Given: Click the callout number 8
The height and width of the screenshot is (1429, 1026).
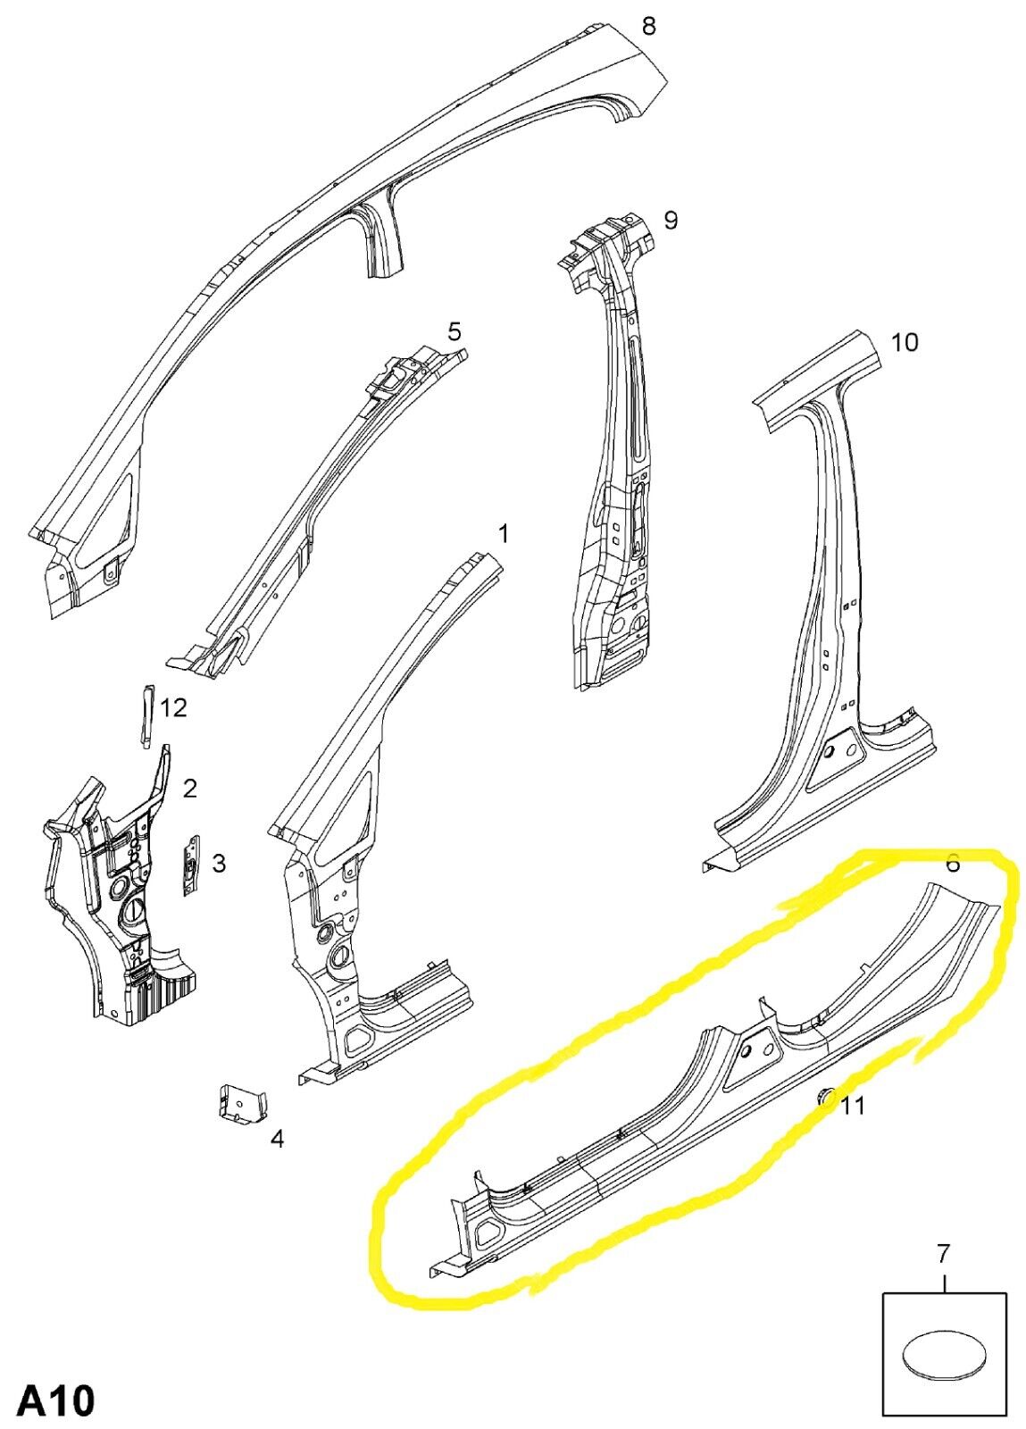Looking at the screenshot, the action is click(648, 28).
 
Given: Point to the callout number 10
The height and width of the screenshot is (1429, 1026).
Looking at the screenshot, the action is click(905, 343).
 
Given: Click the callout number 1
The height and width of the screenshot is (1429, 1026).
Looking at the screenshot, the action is click(503, 533).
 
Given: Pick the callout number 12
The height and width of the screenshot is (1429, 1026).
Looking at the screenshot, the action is click(173, 707).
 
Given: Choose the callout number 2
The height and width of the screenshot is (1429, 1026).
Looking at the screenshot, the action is click(189, 790).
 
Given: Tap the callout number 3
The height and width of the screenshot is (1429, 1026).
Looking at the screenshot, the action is click(218, 864).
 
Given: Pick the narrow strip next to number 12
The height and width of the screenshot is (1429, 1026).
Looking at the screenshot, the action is click(146, 714).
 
